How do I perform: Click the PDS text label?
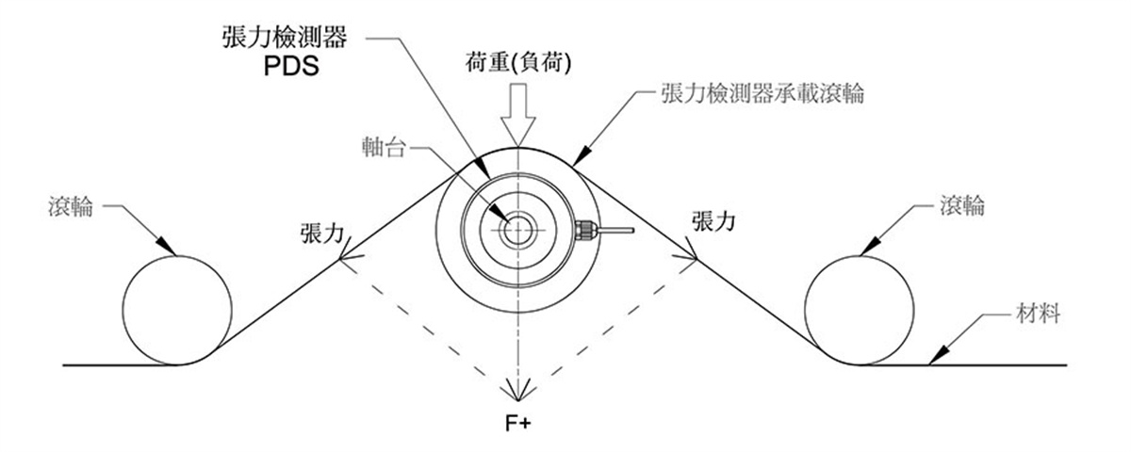coord(291,66)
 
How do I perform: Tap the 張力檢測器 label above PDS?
coord(285,38)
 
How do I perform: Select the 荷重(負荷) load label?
coord(518,63)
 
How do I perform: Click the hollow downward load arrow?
coord(518,115)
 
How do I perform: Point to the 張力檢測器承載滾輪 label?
coord(762,93)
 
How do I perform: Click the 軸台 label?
coord(384,147)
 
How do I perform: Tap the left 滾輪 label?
coord(71,206)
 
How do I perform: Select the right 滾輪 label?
coord(962,206)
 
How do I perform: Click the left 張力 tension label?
coord(322,234)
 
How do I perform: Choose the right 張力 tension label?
coord(713,221)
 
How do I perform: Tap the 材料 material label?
coord(1038,314)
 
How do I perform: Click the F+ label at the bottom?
coord(518,423)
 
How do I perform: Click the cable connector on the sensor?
coord(585,230)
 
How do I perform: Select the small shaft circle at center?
coord(518,230)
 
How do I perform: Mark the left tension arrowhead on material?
coord(350,252)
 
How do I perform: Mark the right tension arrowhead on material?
coord(687,252)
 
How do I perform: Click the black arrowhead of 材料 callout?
coord(937,356)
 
